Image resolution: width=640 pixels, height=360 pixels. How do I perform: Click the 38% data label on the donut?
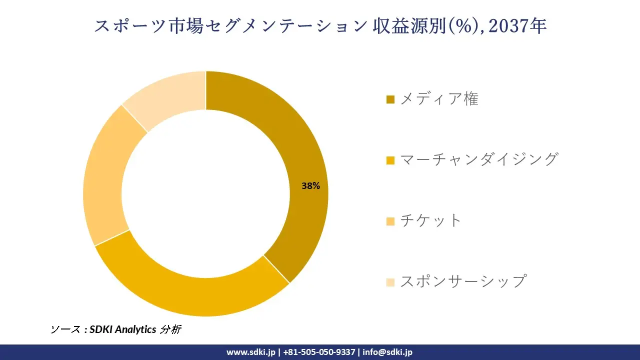pos(310,186)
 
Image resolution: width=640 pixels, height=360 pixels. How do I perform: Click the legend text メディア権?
pos(439,99)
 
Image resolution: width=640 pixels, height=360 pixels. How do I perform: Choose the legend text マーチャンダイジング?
pos(478,159)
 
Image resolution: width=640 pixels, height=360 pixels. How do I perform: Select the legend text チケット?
pos(430,220)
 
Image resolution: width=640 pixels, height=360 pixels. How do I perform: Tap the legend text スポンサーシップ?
pos(463,281)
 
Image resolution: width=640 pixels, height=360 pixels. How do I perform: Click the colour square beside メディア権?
pos(390,100)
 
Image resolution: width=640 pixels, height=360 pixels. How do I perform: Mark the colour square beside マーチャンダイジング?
pos(390,160)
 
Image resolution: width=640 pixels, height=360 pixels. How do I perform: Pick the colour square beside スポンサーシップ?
pos(390,282)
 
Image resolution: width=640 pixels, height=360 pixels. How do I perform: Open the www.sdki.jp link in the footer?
pos(250,352)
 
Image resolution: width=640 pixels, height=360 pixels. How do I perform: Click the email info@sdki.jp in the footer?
pos(387,352)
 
